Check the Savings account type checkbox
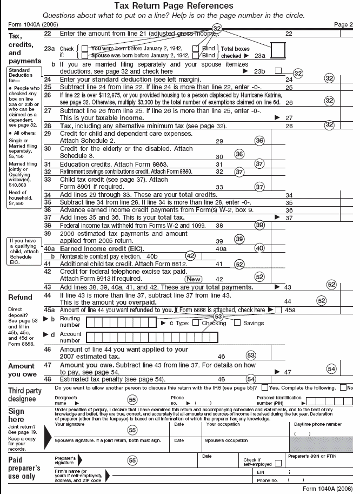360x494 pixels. [x=237, y=323]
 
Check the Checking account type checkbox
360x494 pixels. [x=196, y=323]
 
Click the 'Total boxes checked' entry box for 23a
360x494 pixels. [x=277, y=50]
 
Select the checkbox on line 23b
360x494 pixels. [x=278, y=70]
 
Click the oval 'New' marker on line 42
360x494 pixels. [x=194, y=279]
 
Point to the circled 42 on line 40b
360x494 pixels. [x=190, y=255]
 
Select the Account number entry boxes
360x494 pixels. [x=152, y=337]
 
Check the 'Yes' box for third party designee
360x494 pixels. [x=264, y=388]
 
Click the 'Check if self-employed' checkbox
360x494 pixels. [x=278, y=463]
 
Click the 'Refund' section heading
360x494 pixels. [x=20, y=297]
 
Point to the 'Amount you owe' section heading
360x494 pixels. [x=22, y=370]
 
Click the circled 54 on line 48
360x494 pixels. [x=251, y=379]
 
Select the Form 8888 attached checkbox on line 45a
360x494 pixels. [x=278, y=310]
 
